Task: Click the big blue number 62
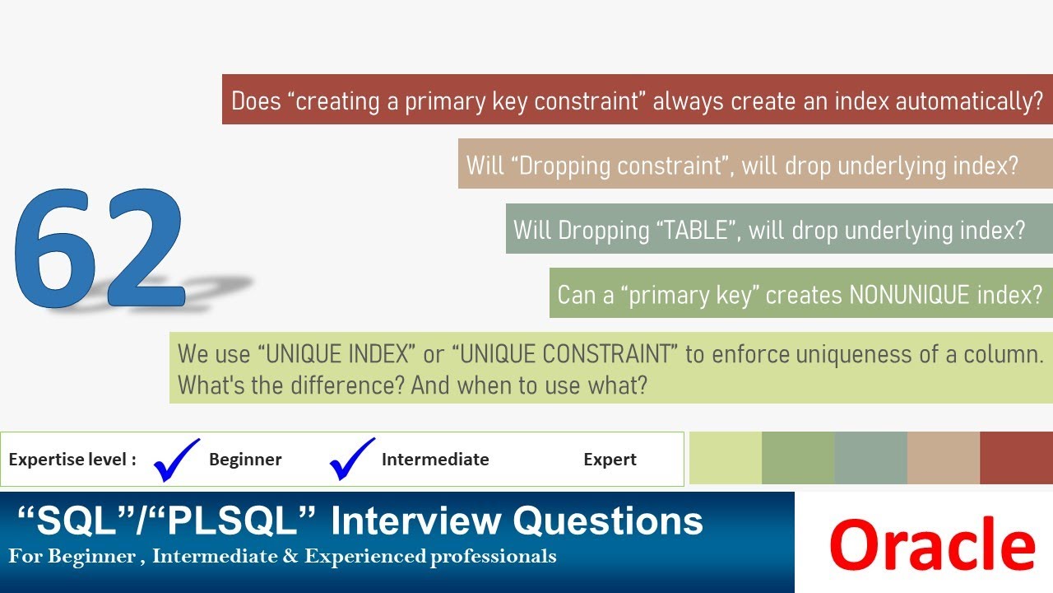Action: point(100,248)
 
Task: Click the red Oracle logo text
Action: point(932,544)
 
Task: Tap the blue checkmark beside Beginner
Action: point(176,460)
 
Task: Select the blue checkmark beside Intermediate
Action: point(352,459)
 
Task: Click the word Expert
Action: point(610,460)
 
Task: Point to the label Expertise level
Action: point(72,460)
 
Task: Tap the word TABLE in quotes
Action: point(695,231)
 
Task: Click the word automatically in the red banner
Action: point(969,102)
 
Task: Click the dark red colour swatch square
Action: point(1016,458)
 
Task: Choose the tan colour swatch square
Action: point(944,458)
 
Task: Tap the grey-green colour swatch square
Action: point(870,458)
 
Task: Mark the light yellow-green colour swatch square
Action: point(726,458)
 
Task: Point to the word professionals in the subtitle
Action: point(493,557)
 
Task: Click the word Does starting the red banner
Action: point(256,101)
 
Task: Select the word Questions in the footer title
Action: point(608,521)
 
